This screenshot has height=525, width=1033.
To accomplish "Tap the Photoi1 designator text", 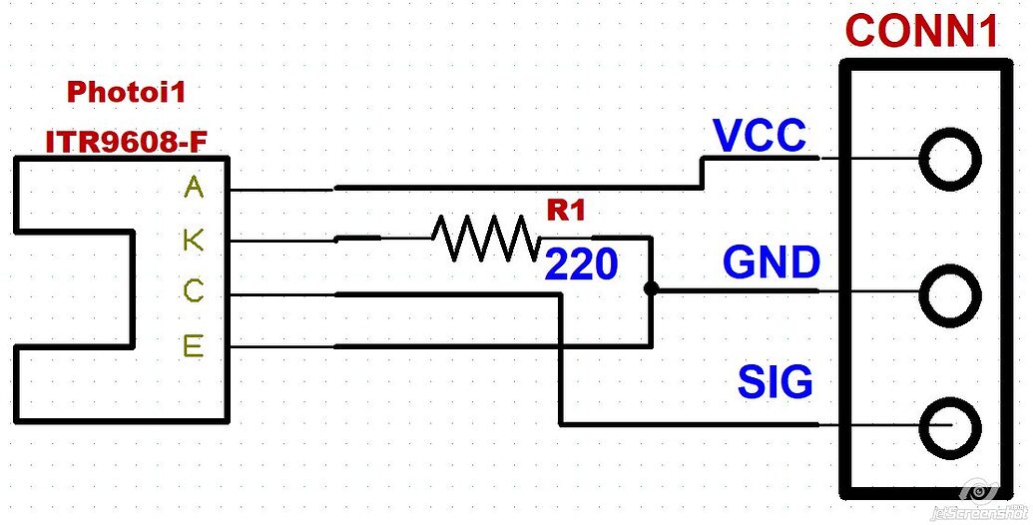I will coord(126,93).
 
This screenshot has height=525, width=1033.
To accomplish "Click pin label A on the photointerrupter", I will coord(194,188).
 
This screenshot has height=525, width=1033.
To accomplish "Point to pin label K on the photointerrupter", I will coord(194,241).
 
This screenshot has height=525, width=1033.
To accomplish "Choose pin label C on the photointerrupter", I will coord(194,292).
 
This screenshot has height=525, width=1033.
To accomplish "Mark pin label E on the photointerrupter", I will coord(194,346).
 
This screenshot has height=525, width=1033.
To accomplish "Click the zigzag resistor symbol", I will coord(484,240).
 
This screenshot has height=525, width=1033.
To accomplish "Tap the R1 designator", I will coord(566,211).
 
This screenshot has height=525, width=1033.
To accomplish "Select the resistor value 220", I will coord(581,265).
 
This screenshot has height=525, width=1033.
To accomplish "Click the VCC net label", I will coord(760,137).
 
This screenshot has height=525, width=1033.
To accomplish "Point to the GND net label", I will coord(772,263).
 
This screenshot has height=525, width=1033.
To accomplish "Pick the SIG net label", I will coord(775,382).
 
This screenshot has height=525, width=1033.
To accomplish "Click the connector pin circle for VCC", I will coord(948,159).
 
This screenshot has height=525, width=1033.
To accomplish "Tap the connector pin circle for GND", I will coord(948,293).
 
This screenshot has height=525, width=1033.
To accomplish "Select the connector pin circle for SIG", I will coord(948,426).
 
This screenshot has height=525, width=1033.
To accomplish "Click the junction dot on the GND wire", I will coord(651,289).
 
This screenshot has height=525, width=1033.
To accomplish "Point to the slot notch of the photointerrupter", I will coord(75,290).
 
